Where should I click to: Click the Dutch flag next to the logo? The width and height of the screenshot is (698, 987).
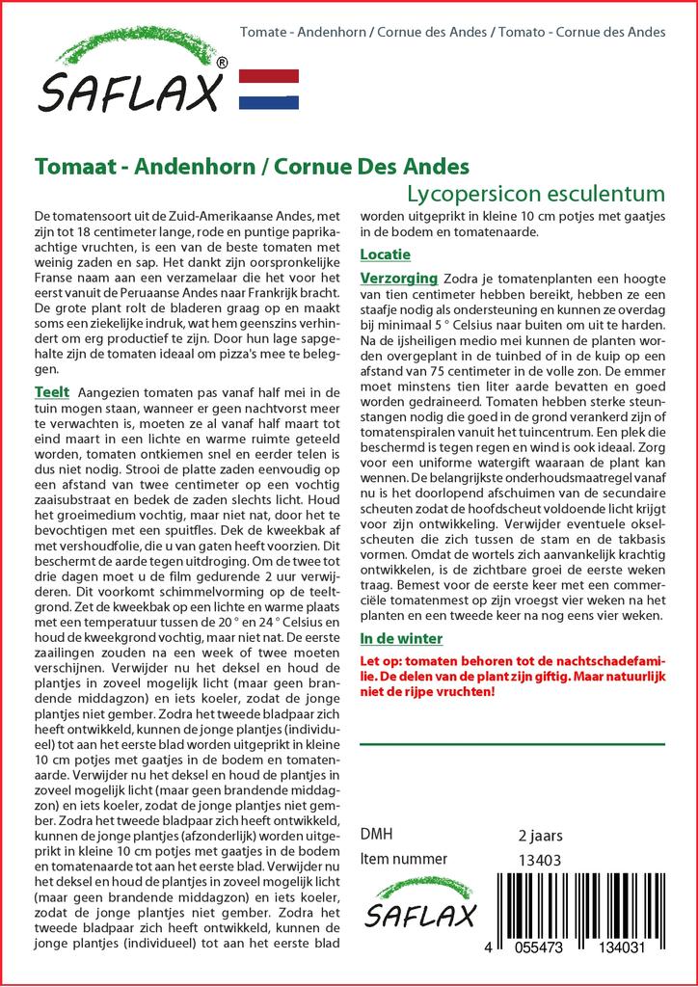click(268, 89)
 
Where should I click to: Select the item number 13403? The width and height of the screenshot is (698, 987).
click(540, 860)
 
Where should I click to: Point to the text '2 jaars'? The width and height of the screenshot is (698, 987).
click(540, 835)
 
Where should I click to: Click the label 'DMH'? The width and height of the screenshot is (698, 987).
click(376, 835)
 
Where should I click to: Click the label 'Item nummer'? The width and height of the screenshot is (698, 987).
click(403, 859)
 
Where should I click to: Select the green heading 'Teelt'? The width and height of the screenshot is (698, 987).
click(51, 392)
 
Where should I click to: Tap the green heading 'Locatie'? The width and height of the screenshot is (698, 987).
click(385, 254)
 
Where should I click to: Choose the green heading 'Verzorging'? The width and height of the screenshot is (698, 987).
click(398, 278)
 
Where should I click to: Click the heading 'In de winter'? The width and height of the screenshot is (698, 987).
click(400, 638)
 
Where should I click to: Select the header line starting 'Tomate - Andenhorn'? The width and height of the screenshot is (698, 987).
click(452, 32)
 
